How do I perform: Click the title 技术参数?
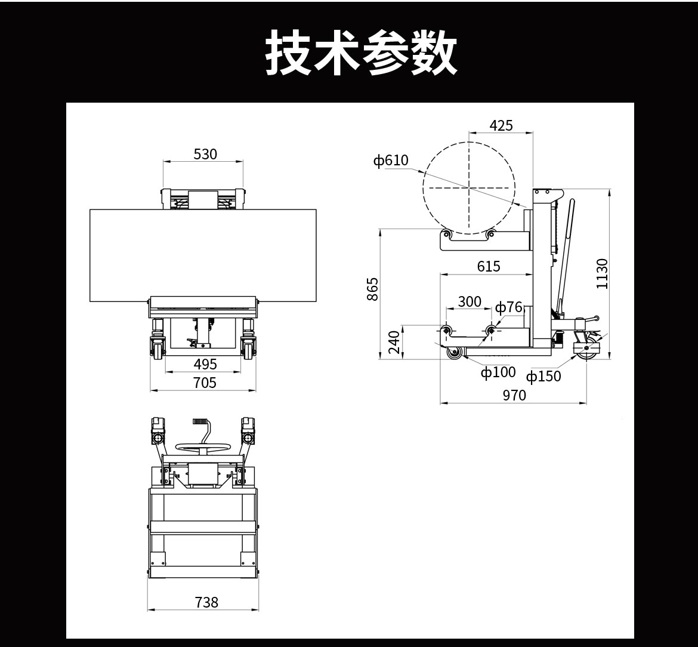click(361, 53)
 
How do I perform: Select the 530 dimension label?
click(205, 154)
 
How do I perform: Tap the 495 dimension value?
click(205, 364)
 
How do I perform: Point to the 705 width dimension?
click(205, 383)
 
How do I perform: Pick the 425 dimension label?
click(501, 125)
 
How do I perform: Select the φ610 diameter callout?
click(391, 160)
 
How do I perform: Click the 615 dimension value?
click(489, 266)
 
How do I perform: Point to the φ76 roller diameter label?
click(508, 307)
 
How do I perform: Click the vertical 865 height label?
click(372, 289)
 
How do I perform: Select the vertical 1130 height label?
click(601, 273)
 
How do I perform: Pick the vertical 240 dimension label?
click(394, 343)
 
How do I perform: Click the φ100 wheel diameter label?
click(498, 372)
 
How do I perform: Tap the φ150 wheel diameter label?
click(543, 376)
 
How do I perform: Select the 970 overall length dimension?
click(514, 395)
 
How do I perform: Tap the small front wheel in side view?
click(455, 353)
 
